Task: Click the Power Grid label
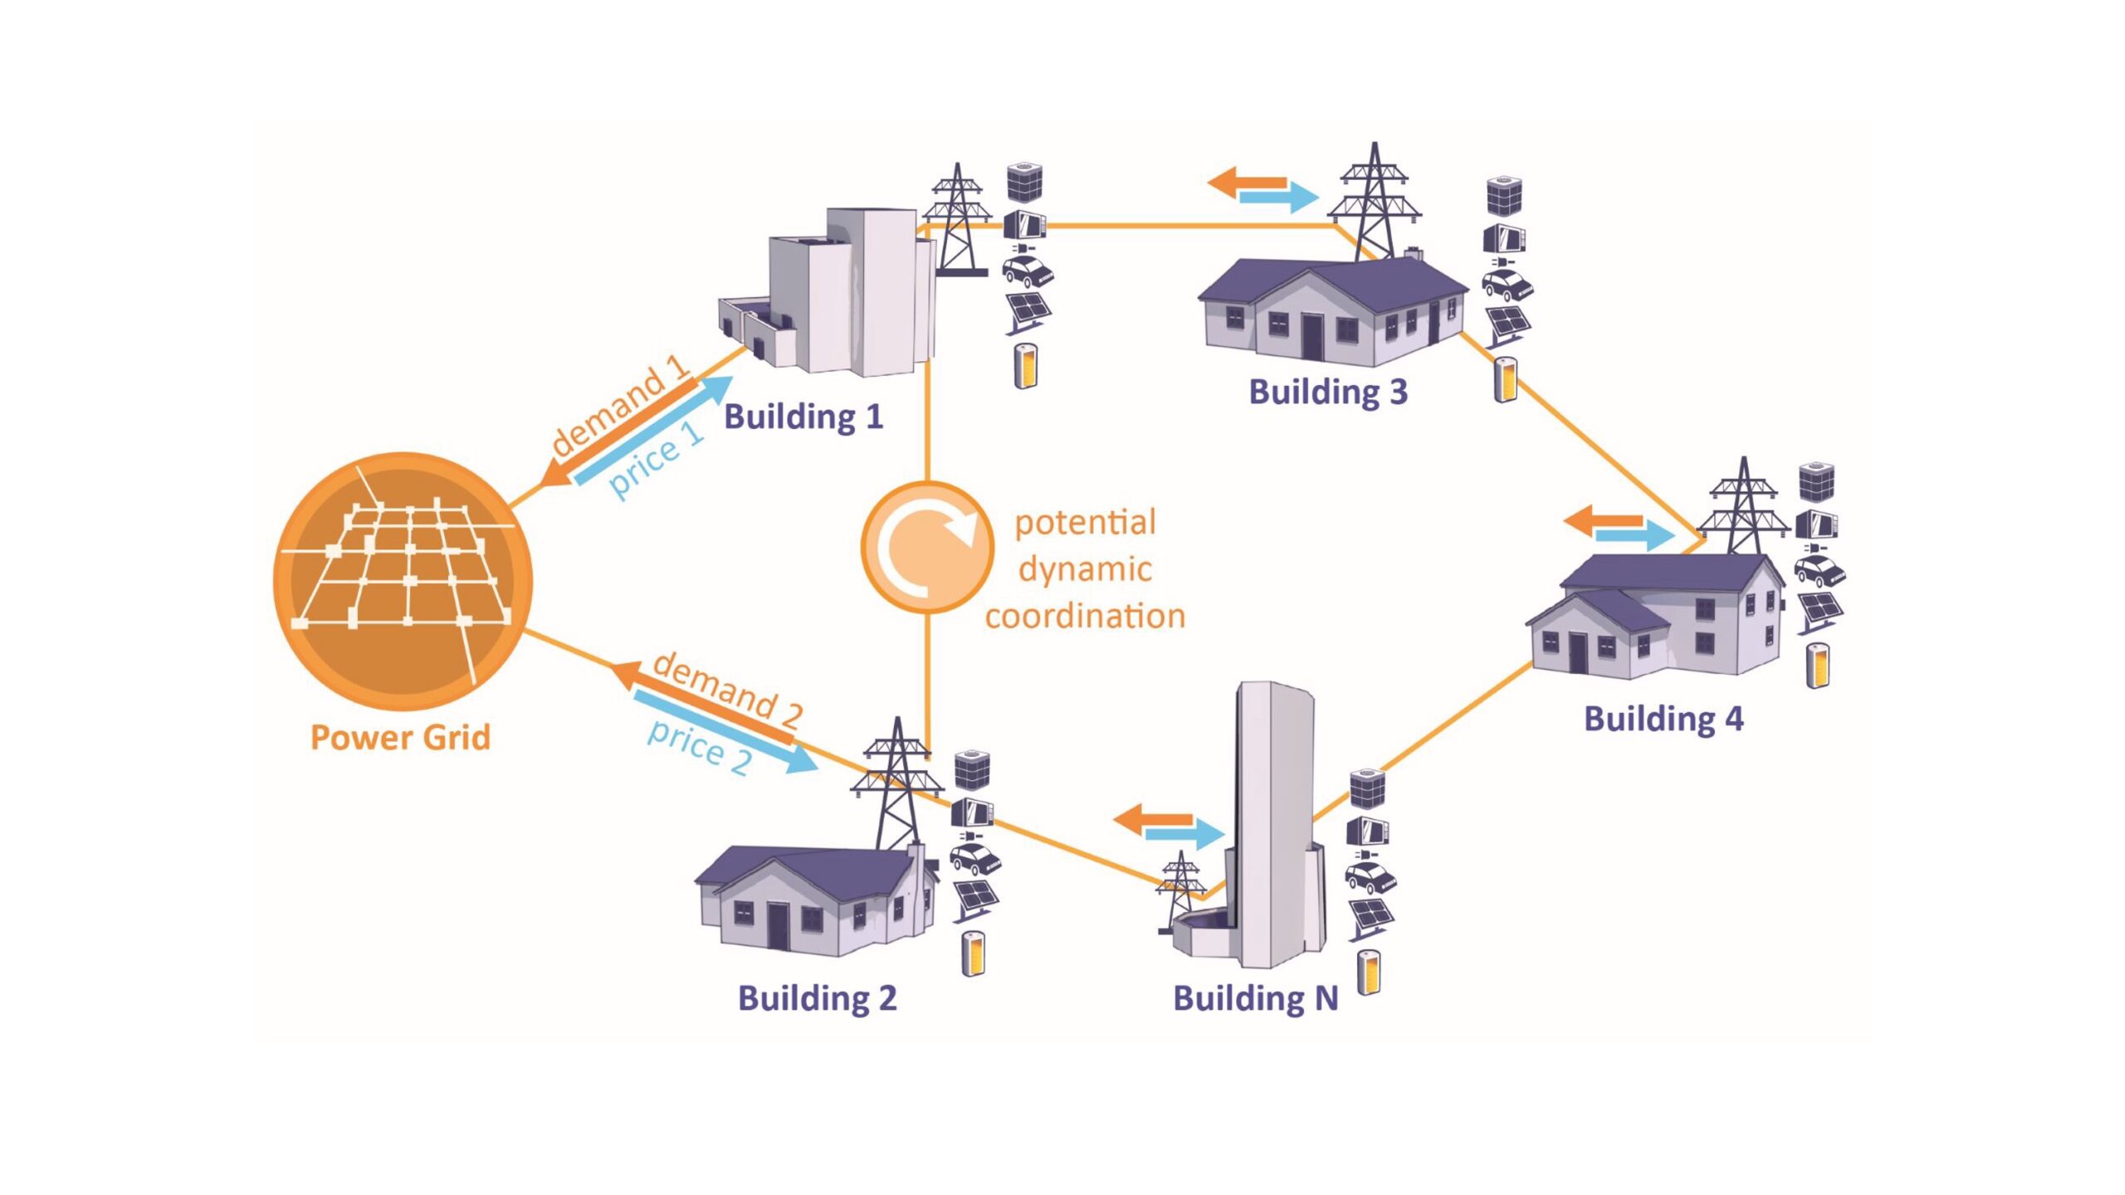click(x=400, y=737)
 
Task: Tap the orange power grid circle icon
click(x=403, y=581)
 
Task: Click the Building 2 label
click(x=818, y=998)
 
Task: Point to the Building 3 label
click(x=1328, y=392)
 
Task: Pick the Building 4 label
click(x=1663, y=719)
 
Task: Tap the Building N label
click(x=1256, y=998)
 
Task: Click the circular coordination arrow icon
click(x=927, y=547)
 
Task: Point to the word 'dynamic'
click(x=1085, y=569)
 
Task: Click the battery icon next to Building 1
click(x=1026, y=365)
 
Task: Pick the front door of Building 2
click(x=778, y=926)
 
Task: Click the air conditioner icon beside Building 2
click(x=971, y=769)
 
